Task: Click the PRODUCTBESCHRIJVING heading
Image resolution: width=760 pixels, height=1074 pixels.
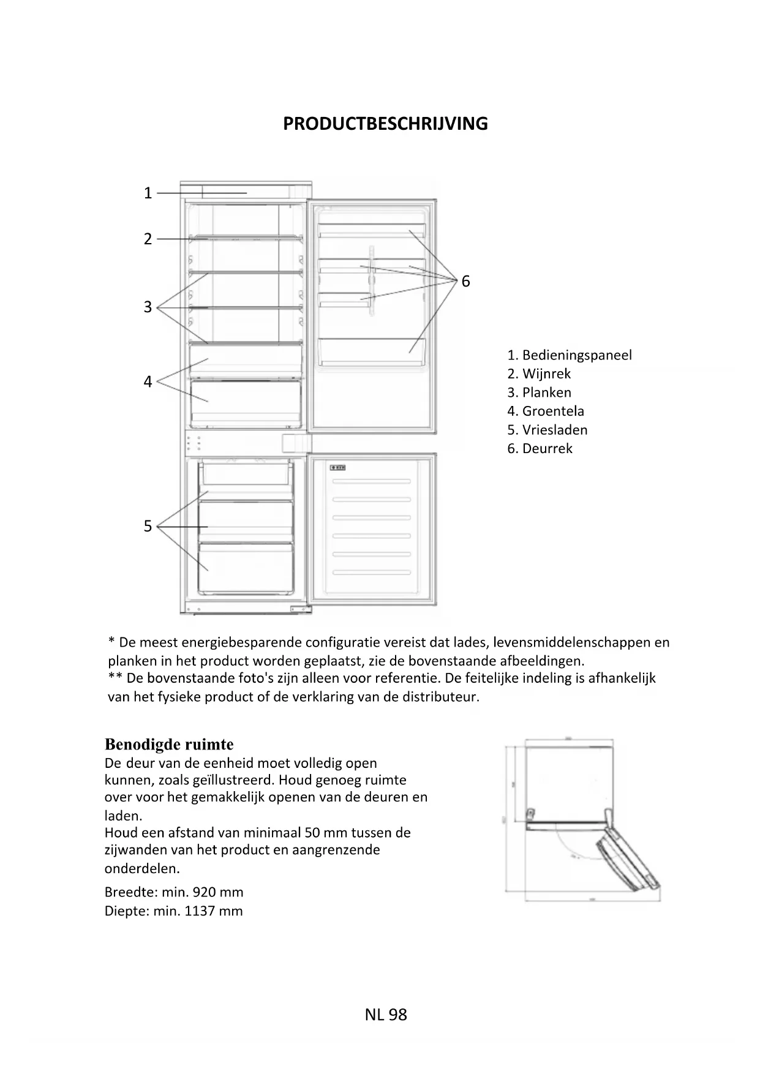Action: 385,124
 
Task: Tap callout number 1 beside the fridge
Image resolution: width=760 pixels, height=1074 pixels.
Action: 148,193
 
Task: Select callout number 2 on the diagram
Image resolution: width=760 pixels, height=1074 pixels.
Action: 148,239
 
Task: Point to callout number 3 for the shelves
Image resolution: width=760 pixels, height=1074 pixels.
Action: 148,307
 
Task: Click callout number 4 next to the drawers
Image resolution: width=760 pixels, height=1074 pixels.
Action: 148,381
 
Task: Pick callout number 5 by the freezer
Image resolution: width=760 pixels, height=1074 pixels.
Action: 148,526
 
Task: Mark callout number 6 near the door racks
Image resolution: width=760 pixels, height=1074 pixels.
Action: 465,281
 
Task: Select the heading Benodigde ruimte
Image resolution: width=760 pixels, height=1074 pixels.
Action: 169,745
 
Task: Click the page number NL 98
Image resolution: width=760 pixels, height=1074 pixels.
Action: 386,1015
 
